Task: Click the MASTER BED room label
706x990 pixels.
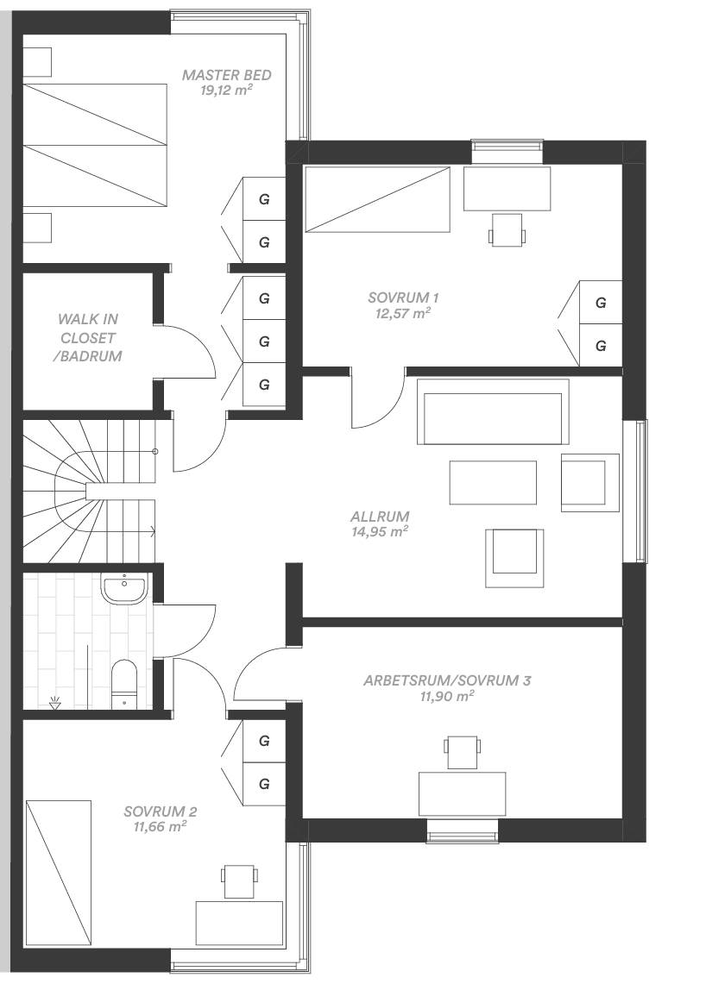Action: (x=226, y=75)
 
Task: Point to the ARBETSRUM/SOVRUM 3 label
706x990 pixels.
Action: (x=447, y=680)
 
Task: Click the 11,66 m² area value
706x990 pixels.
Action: (x=160, y=826)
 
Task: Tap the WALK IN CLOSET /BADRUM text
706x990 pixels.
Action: (x=89, y=338)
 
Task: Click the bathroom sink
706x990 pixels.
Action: (x=124, y=588)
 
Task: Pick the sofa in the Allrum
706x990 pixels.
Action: (x=493, y=411)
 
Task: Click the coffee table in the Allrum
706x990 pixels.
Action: (x=493, y=482)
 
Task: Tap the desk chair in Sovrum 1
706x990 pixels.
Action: (x=507, y=229)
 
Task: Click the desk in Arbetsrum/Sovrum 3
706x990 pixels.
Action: (x=462, y=793)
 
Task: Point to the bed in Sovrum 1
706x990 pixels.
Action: (x=376, y=199)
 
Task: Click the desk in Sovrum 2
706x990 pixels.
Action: (x=239, y=923)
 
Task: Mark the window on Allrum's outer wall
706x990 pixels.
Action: (x=635, y=491)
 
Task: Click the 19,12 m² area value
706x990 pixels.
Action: (x=226, y=90)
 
